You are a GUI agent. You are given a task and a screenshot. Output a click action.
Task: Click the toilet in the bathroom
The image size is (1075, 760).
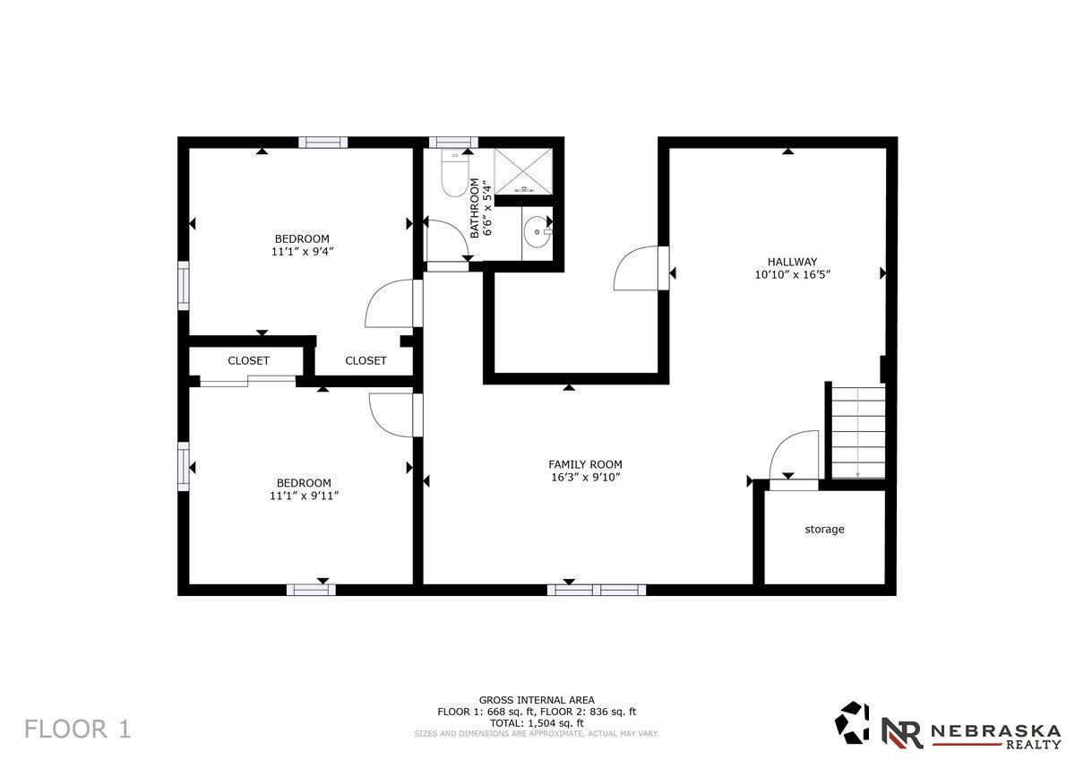click(454, 173)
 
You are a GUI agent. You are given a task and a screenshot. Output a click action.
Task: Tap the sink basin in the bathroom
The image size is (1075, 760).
click(537, 232)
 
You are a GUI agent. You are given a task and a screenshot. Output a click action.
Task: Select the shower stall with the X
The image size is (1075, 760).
click(523, 171)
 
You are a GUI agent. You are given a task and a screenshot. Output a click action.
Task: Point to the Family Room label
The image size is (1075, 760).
click(585, 464)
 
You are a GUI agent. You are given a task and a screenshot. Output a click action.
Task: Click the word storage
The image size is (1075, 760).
click(824, 529)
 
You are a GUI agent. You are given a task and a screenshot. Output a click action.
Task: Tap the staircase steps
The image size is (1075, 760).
click(858, 433)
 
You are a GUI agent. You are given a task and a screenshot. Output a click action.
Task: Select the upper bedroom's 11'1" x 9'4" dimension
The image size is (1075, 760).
click(303, 251)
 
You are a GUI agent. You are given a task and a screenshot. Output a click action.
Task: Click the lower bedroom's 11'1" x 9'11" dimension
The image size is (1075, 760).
click(305, 496)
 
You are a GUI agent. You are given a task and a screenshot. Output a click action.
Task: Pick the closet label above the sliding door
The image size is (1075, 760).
click(248, 360)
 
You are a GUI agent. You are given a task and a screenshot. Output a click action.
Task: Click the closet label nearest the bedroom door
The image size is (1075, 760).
click(365, 360)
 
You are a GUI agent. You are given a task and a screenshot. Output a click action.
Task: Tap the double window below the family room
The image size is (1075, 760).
click(597, 590)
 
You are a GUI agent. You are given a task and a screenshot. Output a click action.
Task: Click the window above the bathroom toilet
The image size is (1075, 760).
click(453, 142)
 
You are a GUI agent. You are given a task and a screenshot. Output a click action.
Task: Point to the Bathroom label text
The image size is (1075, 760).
click(474, 208)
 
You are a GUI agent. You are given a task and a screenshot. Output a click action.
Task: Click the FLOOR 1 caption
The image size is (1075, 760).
click(77, 729)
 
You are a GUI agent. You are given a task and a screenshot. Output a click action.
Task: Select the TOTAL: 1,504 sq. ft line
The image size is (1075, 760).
click(537, 722)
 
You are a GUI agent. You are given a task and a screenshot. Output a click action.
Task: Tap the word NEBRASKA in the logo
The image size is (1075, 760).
click(996, 731)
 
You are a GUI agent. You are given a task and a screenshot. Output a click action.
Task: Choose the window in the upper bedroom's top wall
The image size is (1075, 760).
click(323, 142)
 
